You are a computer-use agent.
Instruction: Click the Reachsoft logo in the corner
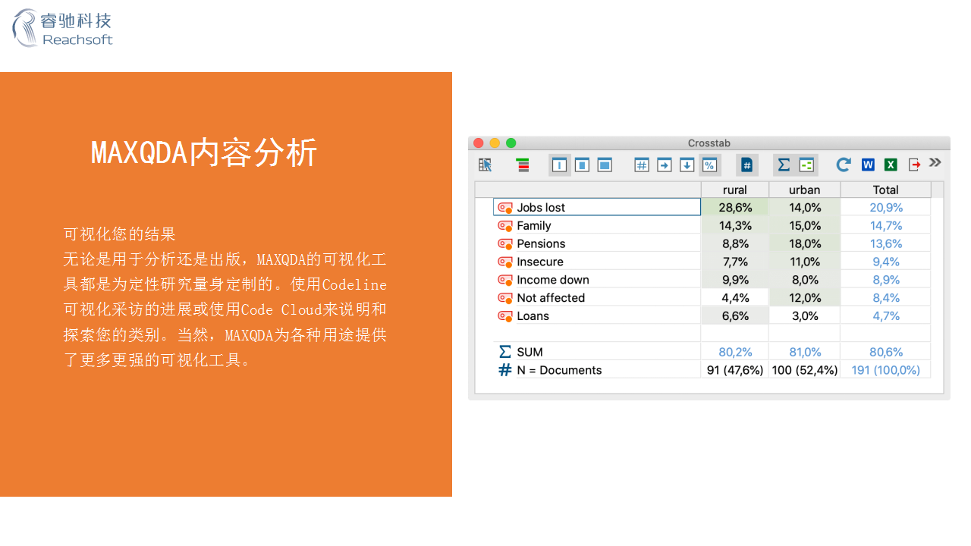[62, 28]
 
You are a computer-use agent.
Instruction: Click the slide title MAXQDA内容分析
[204, 152]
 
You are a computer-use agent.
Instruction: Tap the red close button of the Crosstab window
[478, 143]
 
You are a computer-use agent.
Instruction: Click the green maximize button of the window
[511, 143]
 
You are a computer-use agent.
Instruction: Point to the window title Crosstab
[709, 143]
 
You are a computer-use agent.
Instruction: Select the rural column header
[734, 190]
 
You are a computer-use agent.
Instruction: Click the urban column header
[804, 190]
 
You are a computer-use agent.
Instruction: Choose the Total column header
[885, 190]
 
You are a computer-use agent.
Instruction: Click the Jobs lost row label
[541, 208]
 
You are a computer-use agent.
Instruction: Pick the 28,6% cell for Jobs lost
[735, 208]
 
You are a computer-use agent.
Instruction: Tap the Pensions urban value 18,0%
[805, 243]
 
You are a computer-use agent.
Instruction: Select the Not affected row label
[551, 298]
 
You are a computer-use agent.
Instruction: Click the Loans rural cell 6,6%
[735, 316]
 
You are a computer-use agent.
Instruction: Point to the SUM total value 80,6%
[885, 352]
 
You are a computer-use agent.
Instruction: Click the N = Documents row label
[559, 370]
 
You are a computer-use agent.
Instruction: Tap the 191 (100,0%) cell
[885, 370]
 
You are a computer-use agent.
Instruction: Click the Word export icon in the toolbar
[868, 165]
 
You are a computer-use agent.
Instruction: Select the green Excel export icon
[891, 165]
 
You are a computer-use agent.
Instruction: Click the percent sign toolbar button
[709, 165]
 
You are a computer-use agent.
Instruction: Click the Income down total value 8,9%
[885, 280]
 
